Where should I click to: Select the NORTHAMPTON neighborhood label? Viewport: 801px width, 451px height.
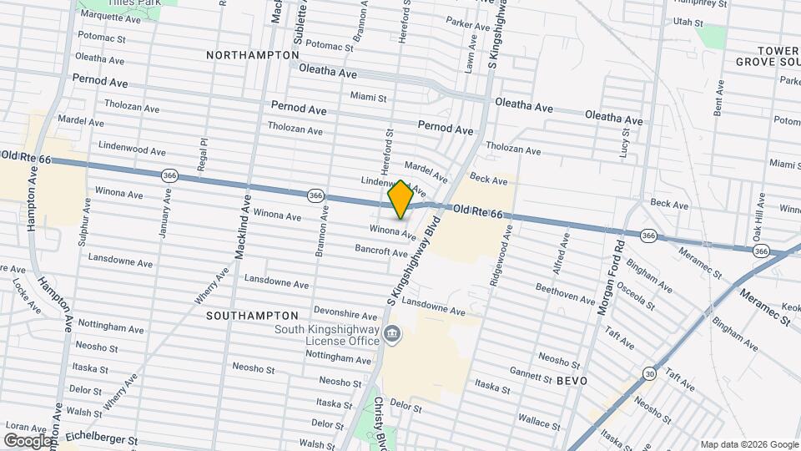coord(252,55)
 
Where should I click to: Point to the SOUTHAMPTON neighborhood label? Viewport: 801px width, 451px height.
coord(251,316)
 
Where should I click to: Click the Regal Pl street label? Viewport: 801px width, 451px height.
coord(202,155)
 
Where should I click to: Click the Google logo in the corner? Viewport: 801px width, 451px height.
coord(28,440)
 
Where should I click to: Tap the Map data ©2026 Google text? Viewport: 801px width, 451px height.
coord(748,444)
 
